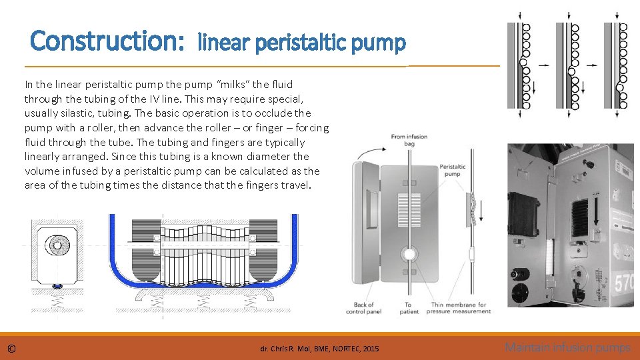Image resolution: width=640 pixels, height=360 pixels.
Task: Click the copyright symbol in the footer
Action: (x=12, y=349)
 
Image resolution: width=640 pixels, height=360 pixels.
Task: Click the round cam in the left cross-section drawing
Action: (x=59, y=245)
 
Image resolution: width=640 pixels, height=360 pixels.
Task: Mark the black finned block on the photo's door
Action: (x=526, y=213)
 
